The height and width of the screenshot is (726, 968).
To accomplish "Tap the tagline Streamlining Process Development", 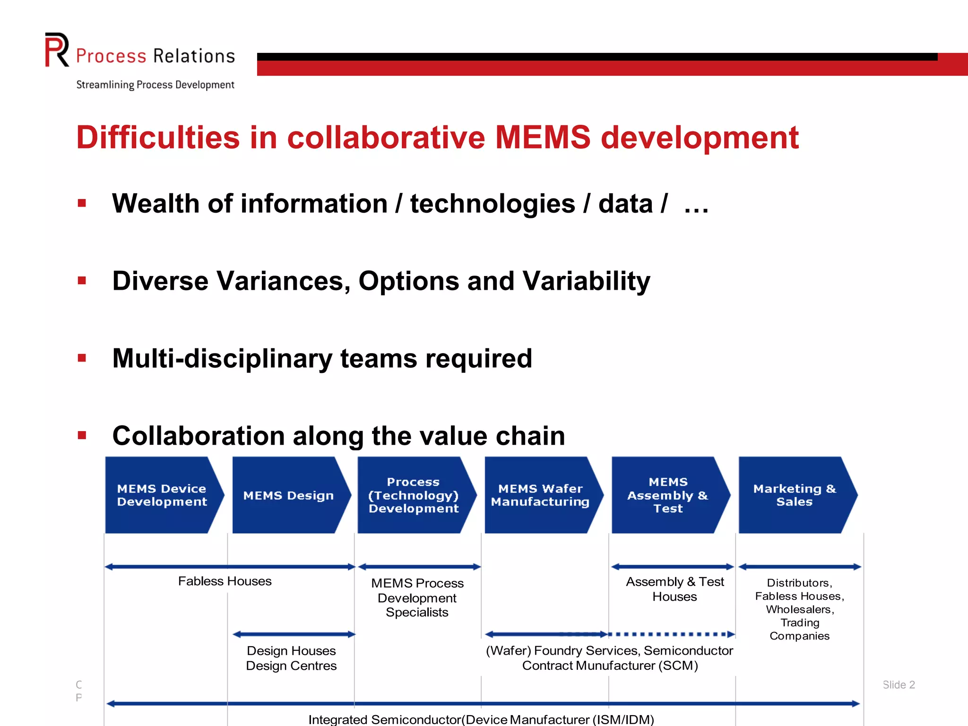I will tap(155, 85).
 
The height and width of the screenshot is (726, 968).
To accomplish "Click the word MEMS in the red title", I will tap(543, 138).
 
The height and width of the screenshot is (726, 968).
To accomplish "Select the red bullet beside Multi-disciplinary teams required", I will tap(82, 358).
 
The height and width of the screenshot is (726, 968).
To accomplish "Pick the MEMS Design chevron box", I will tap(288, 495).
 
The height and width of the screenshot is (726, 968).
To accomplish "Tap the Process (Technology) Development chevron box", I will tap(414, 495).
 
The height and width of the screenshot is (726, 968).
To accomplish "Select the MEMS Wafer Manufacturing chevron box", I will tap(540, 495).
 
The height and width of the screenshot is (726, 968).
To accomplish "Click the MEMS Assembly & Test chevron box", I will tap(667, 495).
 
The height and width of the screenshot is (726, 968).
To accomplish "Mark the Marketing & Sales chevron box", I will tap(795, 495).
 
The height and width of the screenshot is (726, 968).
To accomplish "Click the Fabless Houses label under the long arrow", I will tap(225, 581).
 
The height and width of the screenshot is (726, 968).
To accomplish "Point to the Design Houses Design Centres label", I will tap(291, 658).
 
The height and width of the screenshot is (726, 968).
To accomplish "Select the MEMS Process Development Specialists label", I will tap(417, 597).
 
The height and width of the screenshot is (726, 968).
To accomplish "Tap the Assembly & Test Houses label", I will tap(675, 589).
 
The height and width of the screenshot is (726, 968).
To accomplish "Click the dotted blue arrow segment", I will tap(671, 634).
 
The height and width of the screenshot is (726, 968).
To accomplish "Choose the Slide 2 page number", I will tap(899, 684).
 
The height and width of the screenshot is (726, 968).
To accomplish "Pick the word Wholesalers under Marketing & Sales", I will tap(800, 609).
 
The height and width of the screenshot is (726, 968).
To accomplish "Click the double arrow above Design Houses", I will tap(294, 634).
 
